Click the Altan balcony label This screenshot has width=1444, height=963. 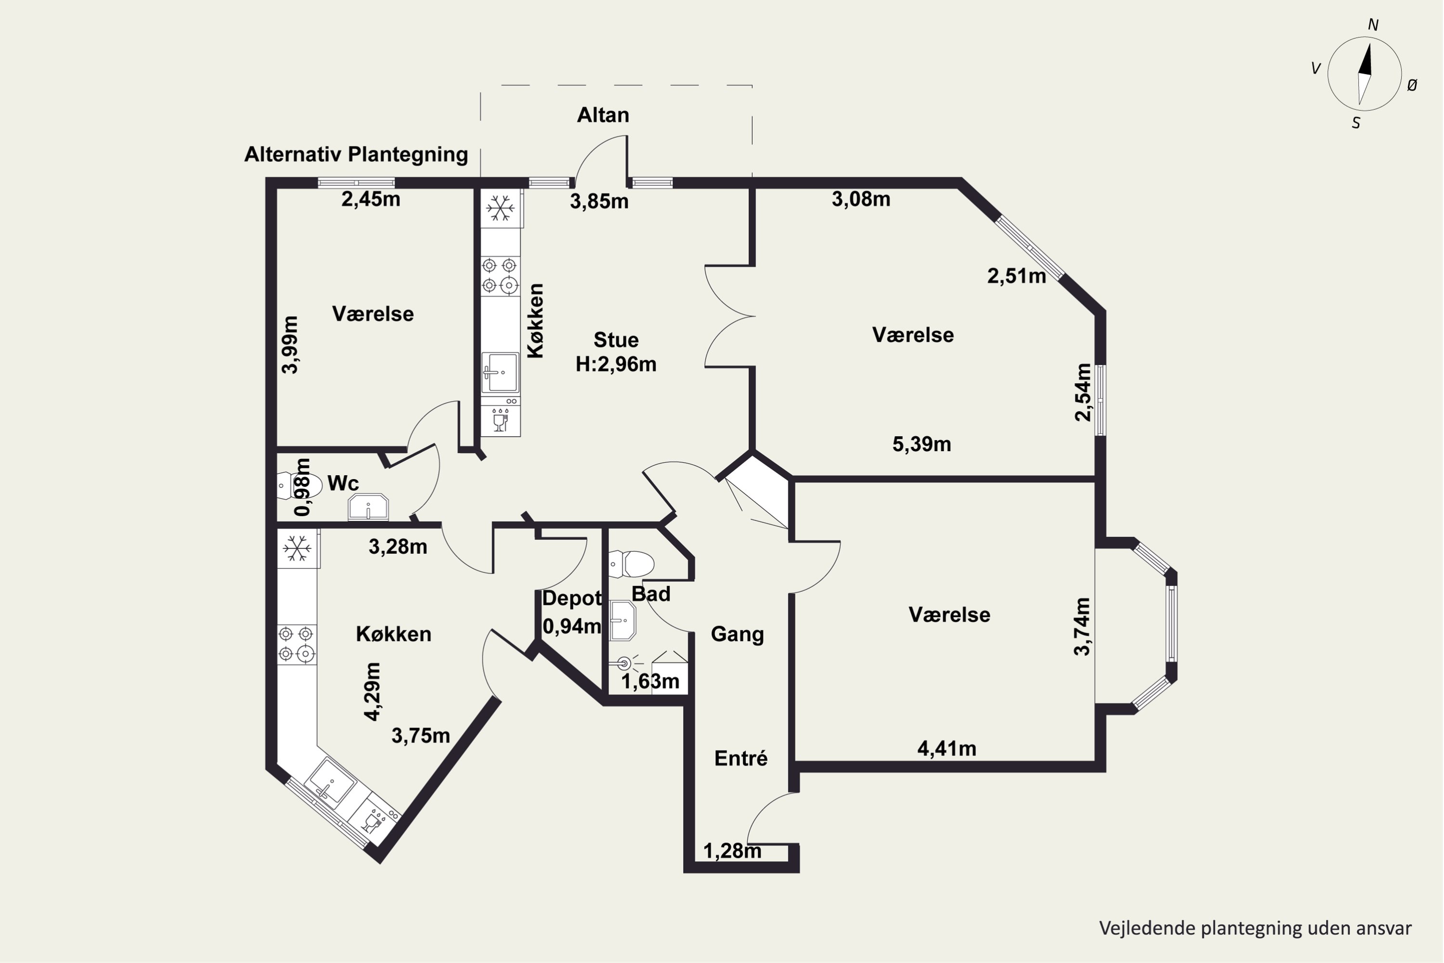click(603, 115)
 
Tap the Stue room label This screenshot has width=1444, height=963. click(616, 339)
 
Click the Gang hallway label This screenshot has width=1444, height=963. click(737, 634)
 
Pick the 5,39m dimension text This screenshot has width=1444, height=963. click(922, 444)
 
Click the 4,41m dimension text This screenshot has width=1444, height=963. click(947, 748)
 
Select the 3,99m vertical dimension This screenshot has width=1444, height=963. click(290, 345)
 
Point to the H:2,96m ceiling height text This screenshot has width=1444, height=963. click(616, 364)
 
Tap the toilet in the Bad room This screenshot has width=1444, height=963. click(631, 564)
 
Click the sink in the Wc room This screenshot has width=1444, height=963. click(368, 508)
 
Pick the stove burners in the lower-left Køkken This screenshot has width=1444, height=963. click(297, 644)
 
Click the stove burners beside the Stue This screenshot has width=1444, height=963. click(500, 275)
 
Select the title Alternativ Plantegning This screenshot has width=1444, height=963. click(356, 154)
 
